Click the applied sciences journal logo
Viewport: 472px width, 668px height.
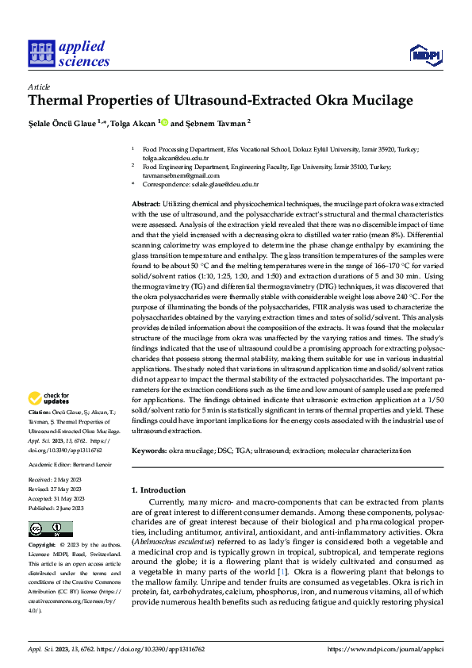(x=69, y=52)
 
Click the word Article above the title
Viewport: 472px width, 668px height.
(x=39, y=86)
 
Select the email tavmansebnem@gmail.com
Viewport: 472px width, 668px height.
(x=172, y=175)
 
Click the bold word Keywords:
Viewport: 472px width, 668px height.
(x=150, y=451)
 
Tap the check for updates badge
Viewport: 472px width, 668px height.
(x=49, y=398)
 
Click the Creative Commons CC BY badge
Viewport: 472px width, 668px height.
(x=50, y=529)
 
